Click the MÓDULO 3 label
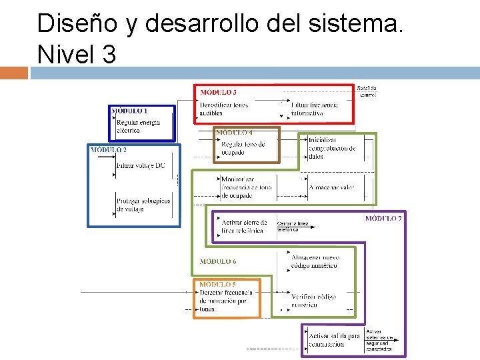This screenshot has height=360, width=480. point(219,92)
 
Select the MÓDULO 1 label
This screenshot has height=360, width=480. point(130,111)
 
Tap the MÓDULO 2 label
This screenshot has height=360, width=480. point(109,150)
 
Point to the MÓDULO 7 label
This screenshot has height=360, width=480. point(383,219)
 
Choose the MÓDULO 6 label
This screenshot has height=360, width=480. point(218,262)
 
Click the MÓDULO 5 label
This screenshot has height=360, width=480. point(217,285)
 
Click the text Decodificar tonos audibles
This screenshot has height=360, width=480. point(223,109)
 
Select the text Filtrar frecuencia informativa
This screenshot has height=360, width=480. point(315,109)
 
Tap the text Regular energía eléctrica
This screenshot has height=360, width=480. point(138,127)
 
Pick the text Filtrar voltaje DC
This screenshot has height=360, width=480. point(141,165)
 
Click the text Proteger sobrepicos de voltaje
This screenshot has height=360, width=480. point(143,205)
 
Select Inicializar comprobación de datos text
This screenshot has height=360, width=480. point(331,148)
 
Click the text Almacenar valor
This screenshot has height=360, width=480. point(331,187)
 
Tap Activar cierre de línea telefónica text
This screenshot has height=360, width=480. point(244,227)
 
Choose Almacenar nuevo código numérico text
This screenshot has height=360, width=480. point(315,261)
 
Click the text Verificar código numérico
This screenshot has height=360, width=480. point(314,301)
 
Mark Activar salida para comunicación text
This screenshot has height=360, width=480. point(334,340)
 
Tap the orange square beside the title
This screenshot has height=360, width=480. point(14,73)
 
